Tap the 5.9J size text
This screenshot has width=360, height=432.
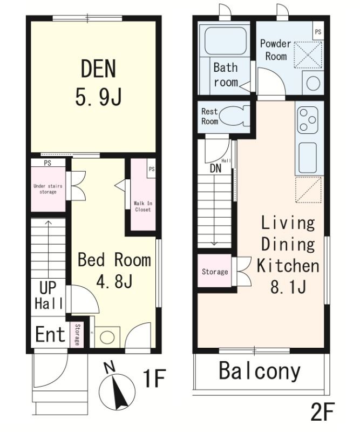[98, 97]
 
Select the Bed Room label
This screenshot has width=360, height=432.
[114, 260]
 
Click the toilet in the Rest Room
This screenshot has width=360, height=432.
[235, 117]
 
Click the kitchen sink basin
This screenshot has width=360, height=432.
[308, 157]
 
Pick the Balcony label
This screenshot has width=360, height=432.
[260, 371]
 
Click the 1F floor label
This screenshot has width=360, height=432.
[154, 379]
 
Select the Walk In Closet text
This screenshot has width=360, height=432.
[142, 206]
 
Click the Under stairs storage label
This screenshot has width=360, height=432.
[48, 188]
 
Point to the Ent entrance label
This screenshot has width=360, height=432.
[50, 334]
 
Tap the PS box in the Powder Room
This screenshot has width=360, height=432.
[318, 32]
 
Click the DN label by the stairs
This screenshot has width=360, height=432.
[215, 168]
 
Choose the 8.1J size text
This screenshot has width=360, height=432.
[288, 287]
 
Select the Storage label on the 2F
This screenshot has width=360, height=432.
[215, 272]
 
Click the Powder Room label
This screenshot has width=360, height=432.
[275, 50]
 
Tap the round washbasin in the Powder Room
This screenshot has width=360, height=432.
[313, 83]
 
